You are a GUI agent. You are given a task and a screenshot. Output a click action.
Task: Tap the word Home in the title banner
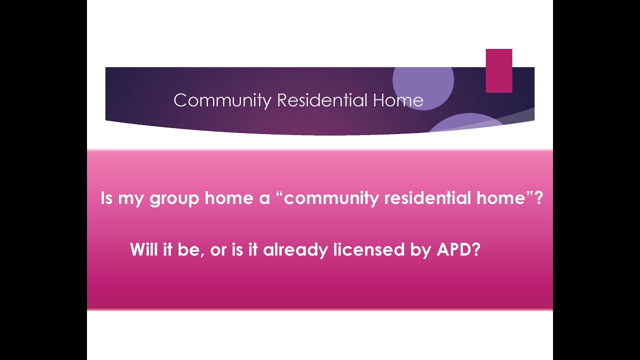(x=398, y=100)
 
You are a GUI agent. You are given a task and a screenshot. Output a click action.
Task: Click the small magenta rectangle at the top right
(x=499, y=70)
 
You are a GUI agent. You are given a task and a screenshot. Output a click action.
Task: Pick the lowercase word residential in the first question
(x=426, y=198)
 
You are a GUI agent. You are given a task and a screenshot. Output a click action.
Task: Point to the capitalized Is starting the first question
(x=107, y=198)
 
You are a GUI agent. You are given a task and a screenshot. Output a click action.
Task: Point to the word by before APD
(x=419, y=250)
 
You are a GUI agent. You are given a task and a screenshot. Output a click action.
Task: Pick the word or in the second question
(x=218, y=250)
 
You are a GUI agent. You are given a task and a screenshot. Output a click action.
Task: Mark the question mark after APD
(x=475, y=249)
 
